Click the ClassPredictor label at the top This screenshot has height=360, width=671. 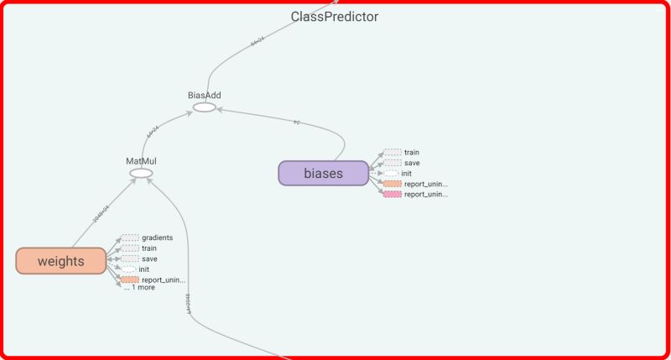point(335,17)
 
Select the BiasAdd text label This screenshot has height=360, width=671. point(204,95)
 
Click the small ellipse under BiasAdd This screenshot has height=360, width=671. point(204,107)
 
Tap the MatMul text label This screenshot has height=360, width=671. point(141,160)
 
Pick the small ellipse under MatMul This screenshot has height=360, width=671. point(141,174)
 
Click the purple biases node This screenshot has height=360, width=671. point(324,173)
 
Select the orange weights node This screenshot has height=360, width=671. point(60,261)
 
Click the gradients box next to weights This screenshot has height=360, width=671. point(130,238)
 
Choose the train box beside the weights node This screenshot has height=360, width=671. point(130,248)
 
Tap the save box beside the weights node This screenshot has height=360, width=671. point(130,258)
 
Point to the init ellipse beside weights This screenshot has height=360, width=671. point(129,269)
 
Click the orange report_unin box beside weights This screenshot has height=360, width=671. point(129,279)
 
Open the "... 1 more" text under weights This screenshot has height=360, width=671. point(139,288)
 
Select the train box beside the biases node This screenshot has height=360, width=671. point(393,153)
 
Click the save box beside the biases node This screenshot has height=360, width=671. point(393,163)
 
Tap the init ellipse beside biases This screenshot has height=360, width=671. point(392,173)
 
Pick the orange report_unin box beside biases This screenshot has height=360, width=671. point(392,184)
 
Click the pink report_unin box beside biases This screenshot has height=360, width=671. point(392,194)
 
